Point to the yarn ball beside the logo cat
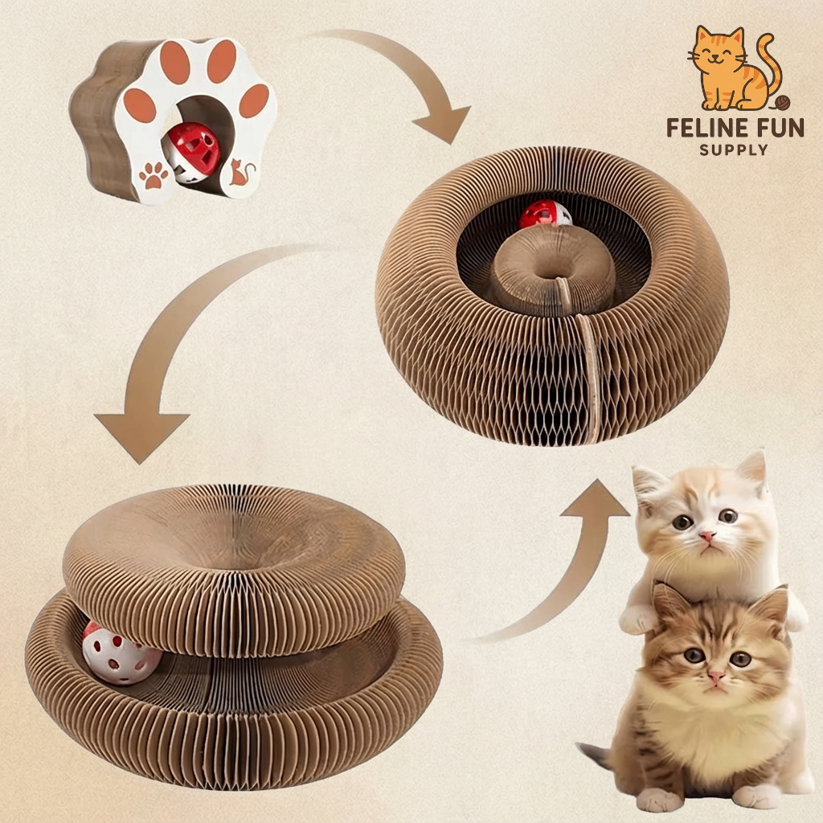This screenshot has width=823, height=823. click(782, 103)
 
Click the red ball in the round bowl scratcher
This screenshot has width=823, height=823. click(545, 215)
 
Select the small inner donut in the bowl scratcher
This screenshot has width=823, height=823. click(554, 274)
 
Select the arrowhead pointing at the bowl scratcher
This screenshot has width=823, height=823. click(440, 125)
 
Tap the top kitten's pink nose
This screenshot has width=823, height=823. click(706, 535)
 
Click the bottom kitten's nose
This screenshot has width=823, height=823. click(715, 677)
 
